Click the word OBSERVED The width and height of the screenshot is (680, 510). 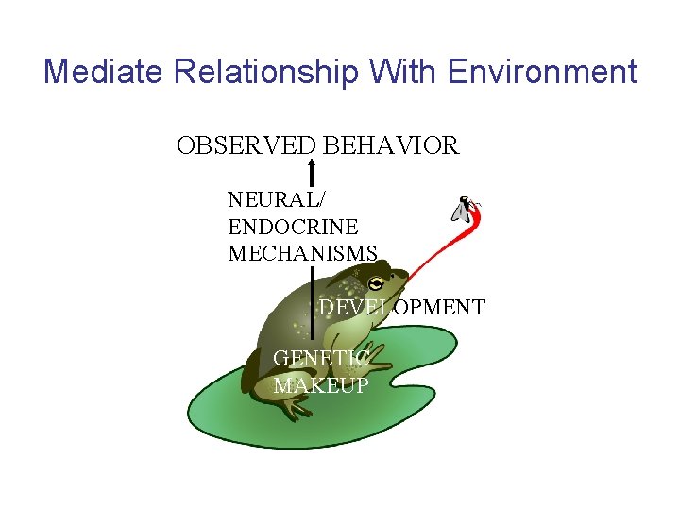[x=246, y=146]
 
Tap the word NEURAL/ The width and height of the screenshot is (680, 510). [x=267, y=200]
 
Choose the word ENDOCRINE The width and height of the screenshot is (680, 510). [x=293, y=227]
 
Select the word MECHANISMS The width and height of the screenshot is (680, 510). [x=302, y=253]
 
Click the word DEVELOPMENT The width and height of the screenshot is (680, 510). [x=401, y=307]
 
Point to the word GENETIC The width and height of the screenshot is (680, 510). [x=320, y=358]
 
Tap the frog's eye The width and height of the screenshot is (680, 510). [x=377, y=282]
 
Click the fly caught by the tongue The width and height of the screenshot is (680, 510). [x=466, y=209]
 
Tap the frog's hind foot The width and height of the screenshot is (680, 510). [x=293, y=407]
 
